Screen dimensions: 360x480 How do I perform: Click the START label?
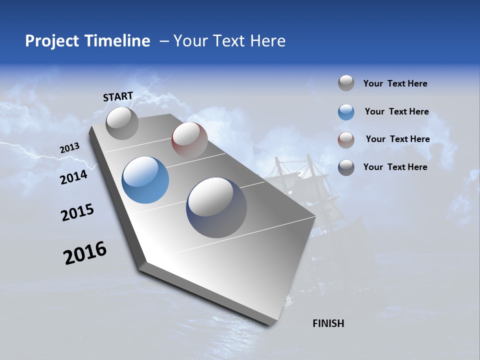[x=118, y=96]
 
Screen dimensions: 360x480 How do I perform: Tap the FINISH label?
[x=328, y=323]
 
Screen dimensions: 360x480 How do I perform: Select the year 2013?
[x=70, y=148]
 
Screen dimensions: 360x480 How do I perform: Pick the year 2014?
[x=74, y=177]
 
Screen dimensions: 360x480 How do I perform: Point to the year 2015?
[x=77, y=212]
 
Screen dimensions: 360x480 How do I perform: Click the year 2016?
[x=85, y=253]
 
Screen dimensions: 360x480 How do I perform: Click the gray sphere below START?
[x=122, y=123]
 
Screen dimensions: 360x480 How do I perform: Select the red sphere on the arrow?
[x=189, y=140]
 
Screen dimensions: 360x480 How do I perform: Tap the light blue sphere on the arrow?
[x=145, y=179]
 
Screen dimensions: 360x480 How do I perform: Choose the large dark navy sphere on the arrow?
[x=216, y=207]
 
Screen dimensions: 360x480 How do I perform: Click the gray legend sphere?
[x=346, y=83]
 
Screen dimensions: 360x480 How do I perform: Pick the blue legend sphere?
[x=346, y=112]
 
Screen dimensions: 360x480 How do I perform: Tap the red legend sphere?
[x=346, y=140]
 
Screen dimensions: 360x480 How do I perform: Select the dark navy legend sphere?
[x=346, y=167]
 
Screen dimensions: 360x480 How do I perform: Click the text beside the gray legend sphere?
[x=395, y=84]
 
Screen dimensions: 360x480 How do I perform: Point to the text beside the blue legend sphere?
[x=396, y=111]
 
